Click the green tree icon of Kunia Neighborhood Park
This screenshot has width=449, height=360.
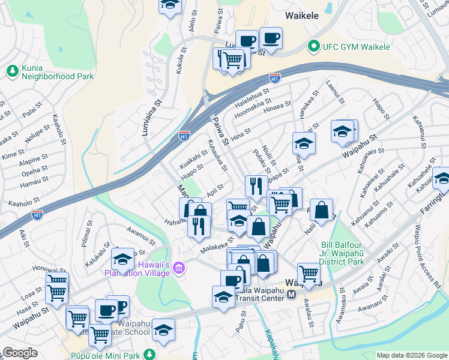(x=11, y=71)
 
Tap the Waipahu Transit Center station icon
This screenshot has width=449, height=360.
(x=291, y=295)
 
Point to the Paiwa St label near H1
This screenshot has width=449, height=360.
(x=220, y=131)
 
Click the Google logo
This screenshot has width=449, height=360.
(x=20, y=353)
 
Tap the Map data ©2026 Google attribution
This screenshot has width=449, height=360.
(x=412, y=355)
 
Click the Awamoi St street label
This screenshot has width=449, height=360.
(x=142, y=232)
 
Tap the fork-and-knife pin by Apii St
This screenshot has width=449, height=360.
(x=256, y=187)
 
